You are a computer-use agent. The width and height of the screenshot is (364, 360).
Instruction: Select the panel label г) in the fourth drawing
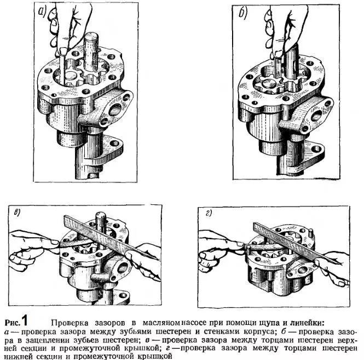click(x=209, y=214)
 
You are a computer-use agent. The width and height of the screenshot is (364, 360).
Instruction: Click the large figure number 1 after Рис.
click(x=24, y=321)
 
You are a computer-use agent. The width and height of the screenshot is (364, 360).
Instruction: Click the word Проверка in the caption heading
click(x=70, y=323)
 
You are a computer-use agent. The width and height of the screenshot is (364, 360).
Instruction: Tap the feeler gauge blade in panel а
click(x=62, y=67)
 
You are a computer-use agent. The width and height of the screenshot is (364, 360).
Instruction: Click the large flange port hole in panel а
click(x=115, y=110)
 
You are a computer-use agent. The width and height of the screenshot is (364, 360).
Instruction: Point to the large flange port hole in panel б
click(x=316, y=116)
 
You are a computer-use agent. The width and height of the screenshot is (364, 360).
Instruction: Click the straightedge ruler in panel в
click(x=109, y=237)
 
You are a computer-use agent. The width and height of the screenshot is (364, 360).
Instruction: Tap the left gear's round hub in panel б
click(x=269, y=84)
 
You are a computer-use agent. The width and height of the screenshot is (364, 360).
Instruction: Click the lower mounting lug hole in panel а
click(x=114, y=143)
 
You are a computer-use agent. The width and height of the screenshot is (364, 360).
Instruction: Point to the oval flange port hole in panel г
click(x=303, y=270)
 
